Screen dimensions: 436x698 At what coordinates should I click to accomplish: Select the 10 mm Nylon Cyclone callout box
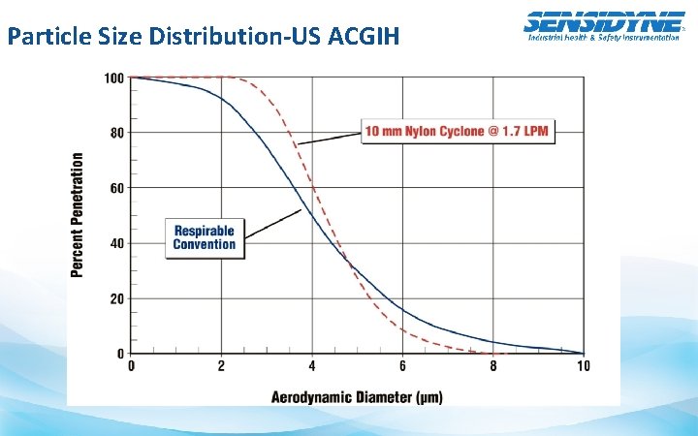pos(459,132)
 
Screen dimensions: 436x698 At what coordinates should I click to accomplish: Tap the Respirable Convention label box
pos(204,237)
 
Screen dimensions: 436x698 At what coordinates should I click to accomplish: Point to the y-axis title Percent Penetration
pos(78,214)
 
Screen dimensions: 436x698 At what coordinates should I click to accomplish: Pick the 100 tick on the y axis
pos(114,78)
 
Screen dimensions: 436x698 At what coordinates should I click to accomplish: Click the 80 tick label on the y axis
pos(117,133)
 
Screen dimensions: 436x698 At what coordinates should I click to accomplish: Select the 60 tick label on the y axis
pos(117,188)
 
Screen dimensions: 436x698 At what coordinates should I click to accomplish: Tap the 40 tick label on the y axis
pos(117,243)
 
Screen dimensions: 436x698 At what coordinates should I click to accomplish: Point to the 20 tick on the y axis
pos(117,298)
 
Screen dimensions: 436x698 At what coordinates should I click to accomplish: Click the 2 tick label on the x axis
pos(222,366)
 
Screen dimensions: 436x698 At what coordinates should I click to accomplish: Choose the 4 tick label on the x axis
pos(312,366)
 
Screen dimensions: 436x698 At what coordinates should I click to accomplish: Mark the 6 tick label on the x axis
pos(402,366)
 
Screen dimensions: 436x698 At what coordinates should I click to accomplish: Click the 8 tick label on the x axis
pos(492,366)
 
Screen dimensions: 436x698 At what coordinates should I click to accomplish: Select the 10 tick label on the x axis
pos(583,366)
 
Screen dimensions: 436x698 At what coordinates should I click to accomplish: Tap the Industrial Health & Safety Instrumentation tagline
pos(603,37)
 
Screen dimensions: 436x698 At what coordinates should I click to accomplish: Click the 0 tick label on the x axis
pos(132,366)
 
